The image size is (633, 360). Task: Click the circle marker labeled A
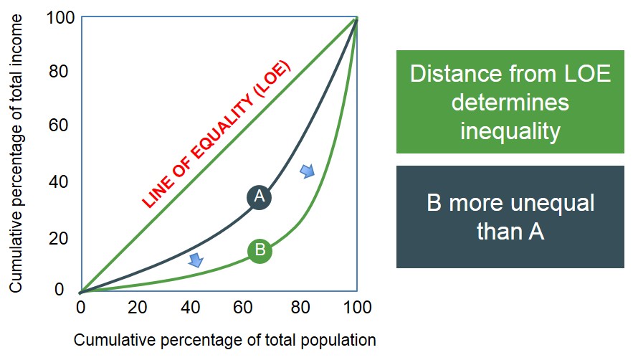click(x=260, y=196)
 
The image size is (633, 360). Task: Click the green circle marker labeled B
click(x=260, y=250)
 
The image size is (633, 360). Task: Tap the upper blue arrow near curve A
click(x=307, y=171)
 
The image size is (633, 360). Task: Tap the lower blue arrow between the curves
click(x=195, y=260)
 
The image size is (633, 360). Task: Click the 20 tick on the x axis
click(x=137, y=308)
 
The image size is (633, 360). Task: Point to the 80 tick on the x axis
click(x=302, y=308)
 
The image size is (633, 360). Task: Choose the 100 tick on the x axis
click(x=356, y=308)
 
